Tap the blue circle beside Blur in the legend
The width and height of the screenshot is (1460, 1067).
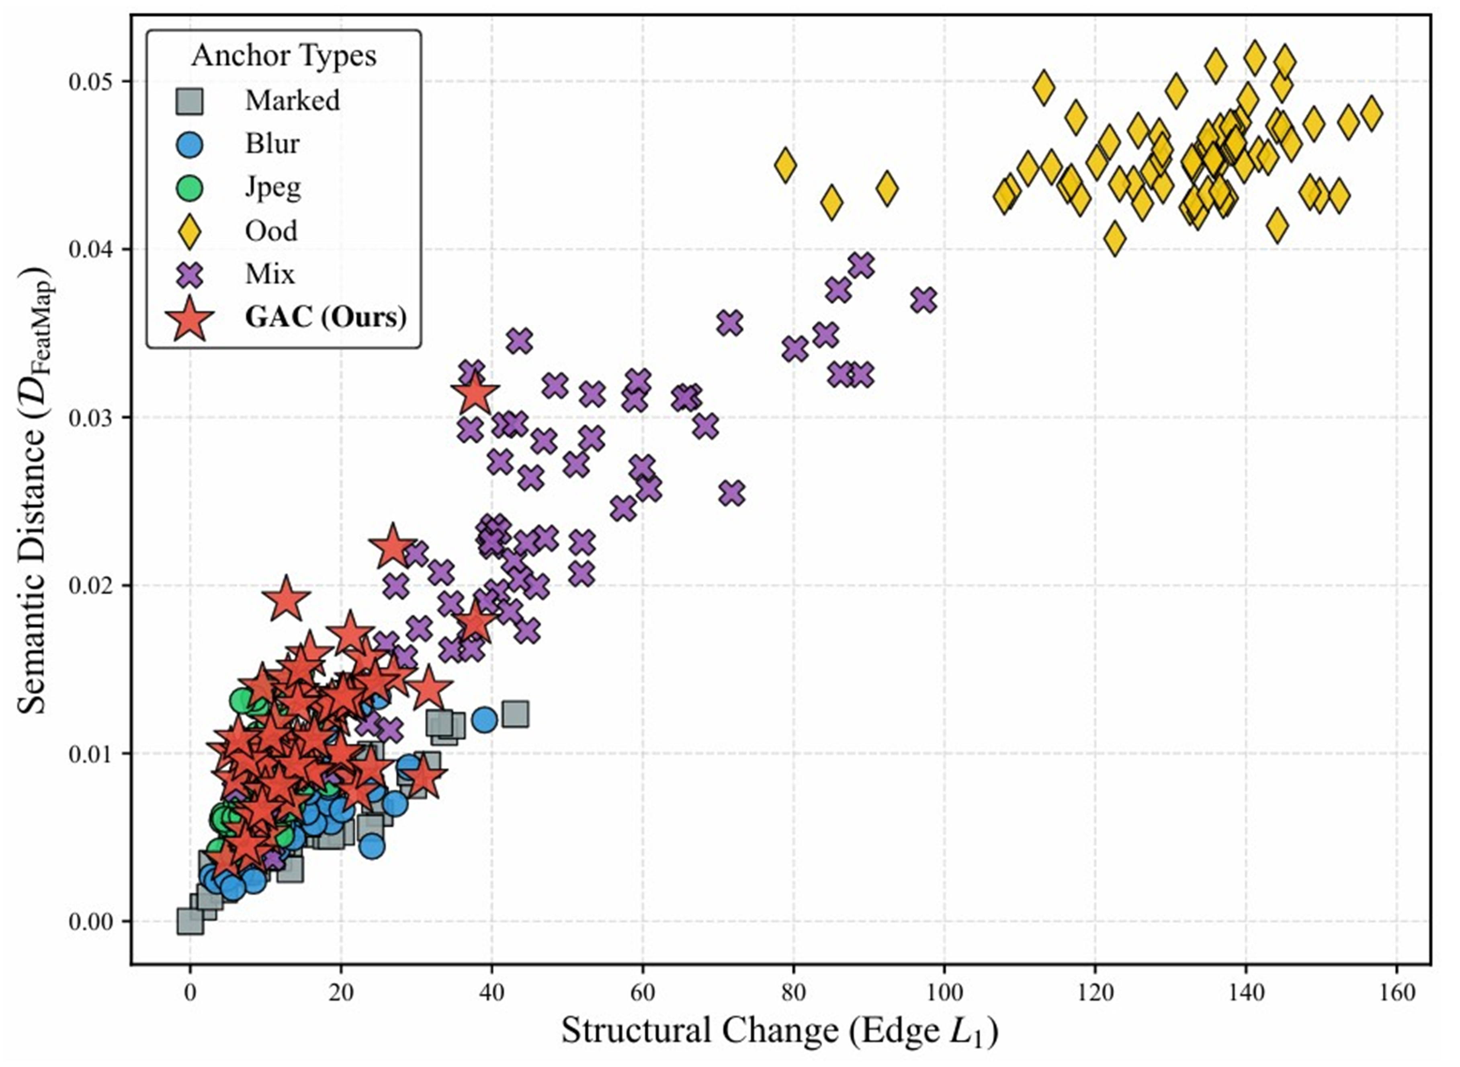pyautogui.click(x=189, y=144)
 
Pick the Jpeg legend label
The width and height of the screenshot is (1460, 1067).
pyautogui.click(x=272, y=187)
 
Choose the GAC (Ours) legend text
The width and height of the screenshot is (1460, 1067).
pyautogui.click(x=326, y=317)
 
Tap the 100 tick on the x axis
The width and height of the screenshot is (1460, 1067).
pyautogui.click(x=944, y=993)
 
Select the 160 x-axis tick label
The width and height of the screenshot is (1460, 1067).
pyautogui.click(x=1397, y=993)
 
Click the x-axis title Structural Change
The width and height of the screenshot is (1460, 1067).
pyautogui.click(x=780, y=1032)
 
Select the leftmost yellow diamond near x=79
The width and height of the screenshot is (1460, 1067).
pyautogui.click(x=785, y=165)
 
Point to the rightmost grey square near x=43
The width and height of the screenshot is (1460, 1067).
pyautogui.click(x=516, y=714)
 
